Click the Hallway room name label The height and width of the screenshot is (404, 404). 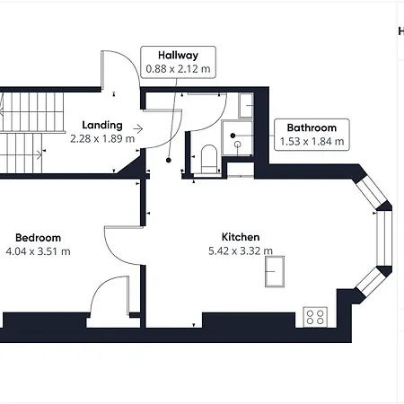pyautogui.click(x=178, y=56)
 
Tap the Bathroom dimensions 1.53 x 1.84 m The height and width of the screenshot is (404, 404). pyautogui.click(x=312, y=141)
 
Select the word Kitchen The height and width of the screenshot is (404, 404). pyautogui.click(x=241, y=237)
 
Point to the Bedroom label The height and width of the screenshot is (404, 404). pyautogui.click(x=38, y=238)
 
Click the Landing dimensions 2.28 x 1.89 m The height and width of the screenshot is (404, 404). pyautogui.click(x=102, y=138)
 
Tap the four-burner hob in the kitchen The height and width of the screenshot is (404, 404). pyautogui.click(x=315, y=317)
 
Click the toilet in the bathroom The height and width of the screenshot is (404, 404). pyautogui.click(x=209, y=159)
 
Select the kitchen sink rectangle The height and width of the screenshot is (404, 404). pyautogui.click(x=275, y=271)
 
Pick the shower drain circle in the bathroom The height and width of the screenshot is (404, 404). pyautogui.click(x=238, y=145)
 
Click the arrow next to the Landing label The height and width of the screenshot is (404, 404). pyautogui.click(x=138, y=129)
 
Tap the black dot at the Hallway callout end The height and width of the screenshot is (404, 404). pyautogui.click(x=169, y=160)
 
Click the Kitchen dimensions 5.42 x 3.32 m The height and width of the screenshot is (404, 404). pyautogui.click(x=241, y=250)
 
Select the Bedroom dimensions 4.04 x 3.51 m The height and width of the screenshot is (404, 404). pyautogui.click(x=38, y=251)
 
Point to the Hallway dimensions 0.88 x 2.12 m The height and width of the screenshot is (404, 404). pyautogui.click(x=178, y=69)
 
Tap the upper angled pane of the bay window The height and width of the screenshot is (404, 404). pyautogui.click(x=371, y=190)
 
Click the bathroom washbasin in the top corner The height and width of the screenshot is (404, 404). pyautogui.click(x=246, y=105)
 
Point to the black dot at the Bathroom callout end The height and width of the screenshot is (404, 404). pyautogui.click(x=233, y=136)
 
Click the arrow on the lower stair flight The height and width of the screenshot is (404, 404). pyautogui.click(x=38, y=154)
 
